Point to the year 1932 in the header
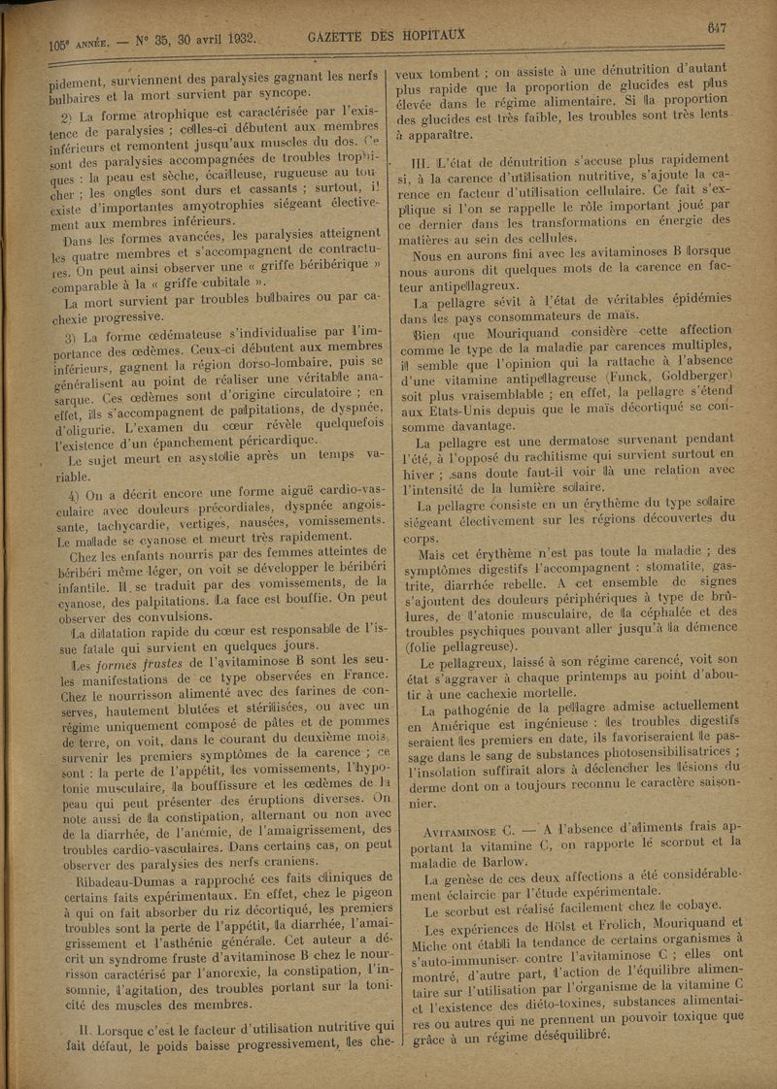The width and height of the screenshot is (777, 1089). point(232,40)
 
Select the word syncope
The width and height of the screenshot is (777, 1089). point(281,93)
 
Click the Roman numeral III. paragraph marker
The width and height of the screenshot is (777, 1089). point(425,161)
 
